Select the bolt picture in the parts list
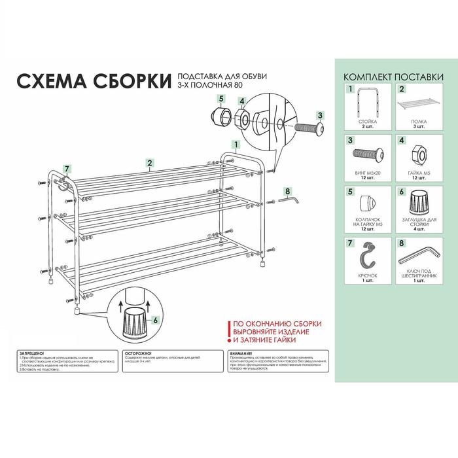(x=367, y=155)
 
